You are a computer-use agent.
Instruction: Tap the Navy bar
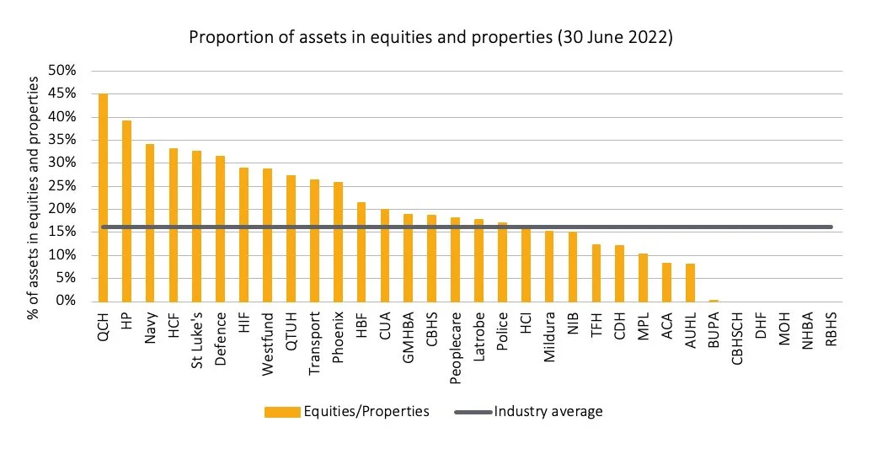150,222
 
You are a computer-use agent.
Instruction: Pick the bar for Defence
220,228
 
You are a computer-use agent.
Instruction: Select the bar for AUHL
689,282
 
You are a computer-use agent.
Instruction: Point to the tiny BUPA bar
713,300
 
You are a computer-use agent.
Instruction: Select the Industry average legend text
548,411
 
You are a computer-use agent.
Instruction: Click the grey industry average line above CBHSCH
736,227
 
